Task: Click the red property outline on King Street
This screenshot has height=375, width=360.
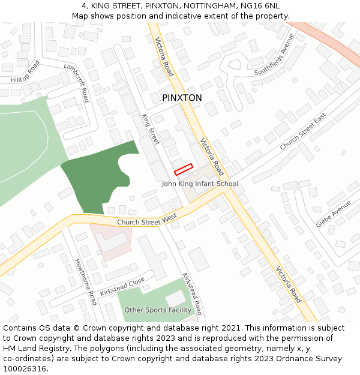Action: coord(184,169)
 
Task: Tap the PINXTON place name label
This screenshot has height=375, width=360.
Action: coord(182,98)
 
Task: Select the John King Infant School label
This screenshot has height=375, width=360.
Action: coord(200,184)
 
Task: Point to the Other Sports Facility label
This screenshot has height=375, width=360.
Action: coord(158,310)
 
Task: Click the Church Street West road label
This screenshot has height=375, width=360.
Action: coord(147,222)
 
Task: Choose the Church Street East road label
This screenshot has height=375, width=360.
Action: coord(302,131)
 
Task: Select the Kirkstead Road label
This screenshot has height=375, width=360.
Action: coord(193,294)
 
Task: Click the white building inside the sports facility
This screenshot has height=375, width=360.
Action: coord(176,298)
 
